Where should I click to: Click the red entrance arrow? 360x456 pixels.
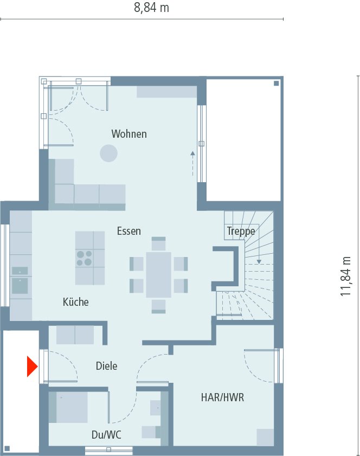(x=31, y=366)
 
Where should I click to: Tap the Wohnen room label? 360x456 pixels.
(x=129, y=133)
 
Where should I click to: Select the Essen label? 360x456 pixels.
(x=129, y=231)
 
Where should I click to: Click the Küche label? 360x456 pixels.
(x=75, y=302)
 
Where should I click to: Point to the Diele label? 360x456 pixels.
(x=106, y=366)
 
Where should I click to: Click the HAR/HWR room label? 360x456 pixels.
(x=222, y=397)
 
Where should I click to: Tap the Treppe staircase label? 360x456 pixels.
(x=241, y=232)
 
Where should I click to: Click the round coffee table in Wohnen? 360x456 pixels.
(x=108, y=153)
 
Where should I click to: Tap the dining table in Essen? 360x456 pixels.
(x=158, y=274)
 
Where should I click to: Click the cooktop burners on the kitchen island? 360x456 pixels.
(x=84, y=258)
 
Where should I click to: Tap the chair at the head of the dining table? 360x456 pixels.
(x=158, y=242)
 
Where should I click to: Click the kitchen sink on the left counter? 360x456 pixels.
(x=20, y=285)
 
